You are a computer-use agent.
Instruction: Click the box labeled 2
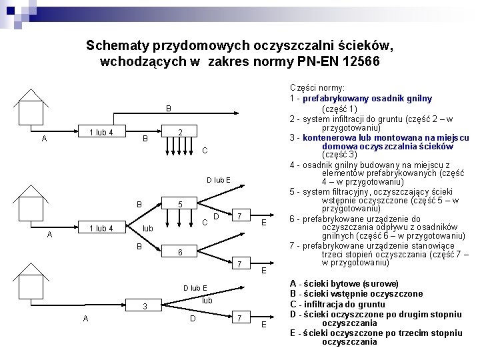(x=180, y=132)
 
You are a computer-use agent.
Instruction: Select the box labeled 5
(x=181, y=204)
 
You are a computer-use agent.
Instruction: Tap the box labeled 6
(x=181, y=253)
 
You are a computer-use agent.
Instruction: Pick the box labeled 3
(x=145, y=306)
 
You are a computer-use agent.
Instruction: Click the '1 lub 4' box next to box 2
(x=101, y=132)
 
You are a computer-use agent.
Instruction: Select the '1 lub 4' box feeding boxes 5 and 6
(x=101, y=229)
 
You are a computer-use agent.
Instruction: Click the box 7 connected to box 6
(x=239, y=265)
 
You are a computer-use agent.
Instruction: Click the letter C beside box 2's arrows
(x=205, y=151)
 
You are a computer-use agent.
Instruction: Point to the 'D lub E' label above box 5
(x=218, y=179)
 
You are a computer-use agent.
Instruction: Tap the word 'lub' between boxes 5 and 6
(x=148, y=229)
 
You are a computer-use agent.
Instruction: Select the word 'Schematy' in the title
(x=118, y=46)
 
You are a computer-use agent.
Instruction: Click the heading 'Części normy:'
(x=317, y=87)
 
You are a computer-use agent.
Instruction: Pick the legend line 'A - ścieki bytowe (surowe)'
(x=343, y=283)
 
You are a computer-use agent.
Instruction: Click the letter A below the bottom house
(x=86, y=318)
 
